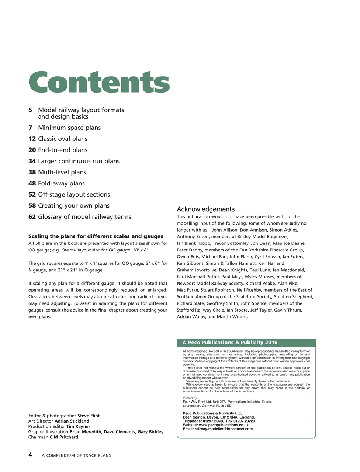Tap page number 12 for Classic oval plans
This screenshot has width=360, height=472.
point(32,139)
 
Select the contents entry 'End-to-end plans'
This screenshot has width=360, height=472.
point(63,150)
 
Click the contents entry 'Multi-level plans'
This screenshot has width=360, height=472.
point(62,172)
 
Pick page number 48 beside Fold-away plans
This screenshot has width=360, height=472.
point(32,183)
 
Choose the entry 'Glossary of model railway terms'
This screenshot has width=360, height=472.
point(84,217)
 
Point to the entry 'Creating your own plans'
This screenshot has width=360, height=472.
point(74,206)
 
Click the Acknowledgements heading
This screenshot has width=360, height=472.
point(205,209)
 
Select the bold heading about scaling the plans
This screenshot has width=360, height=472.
point(96,236)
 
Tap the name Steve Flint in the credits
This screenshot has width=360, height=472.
point(89,416)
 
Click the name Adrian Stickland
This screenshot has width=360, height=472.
point(72,421)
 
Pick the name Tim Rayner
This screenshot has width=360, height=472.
point(78,426)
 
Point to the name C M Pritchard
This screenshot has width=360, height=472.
point(64,437)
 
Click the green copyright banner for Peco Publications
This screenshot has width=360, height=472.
point(246,343)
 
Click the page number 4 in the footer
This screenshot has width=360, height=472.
point(30,455)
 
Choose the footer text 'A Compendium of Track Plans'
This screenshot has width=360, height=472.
point(76,455)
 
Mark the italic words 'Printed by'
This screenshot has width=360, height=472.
point(190,398)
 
